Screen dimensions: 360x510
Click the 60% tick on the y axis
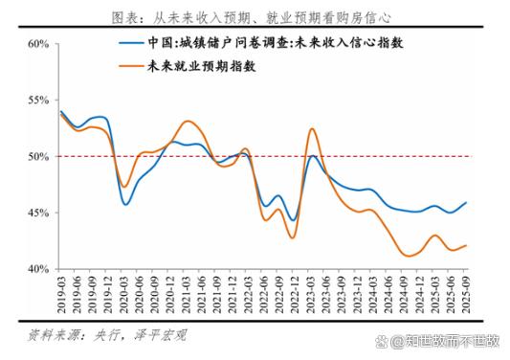tap(38, 44)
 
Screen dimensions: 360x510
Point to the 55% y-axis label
tap(38, 101)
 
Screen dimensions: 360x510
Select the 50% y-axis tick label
tap(38, 156)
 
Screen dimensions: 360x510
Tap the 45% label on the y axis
tap(38, 213)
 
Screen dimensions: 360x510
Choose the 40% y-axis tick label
tap(38, 269)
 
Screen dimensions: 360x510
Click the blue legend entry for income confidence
tap(268, 44)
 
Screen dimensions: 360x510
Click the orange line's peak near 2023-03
tap(313, 128)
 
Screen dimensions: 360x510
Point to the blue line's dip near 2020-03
tap(125, 204)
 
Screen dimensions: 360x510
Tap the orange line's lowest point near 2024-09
tap(409, 256)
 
